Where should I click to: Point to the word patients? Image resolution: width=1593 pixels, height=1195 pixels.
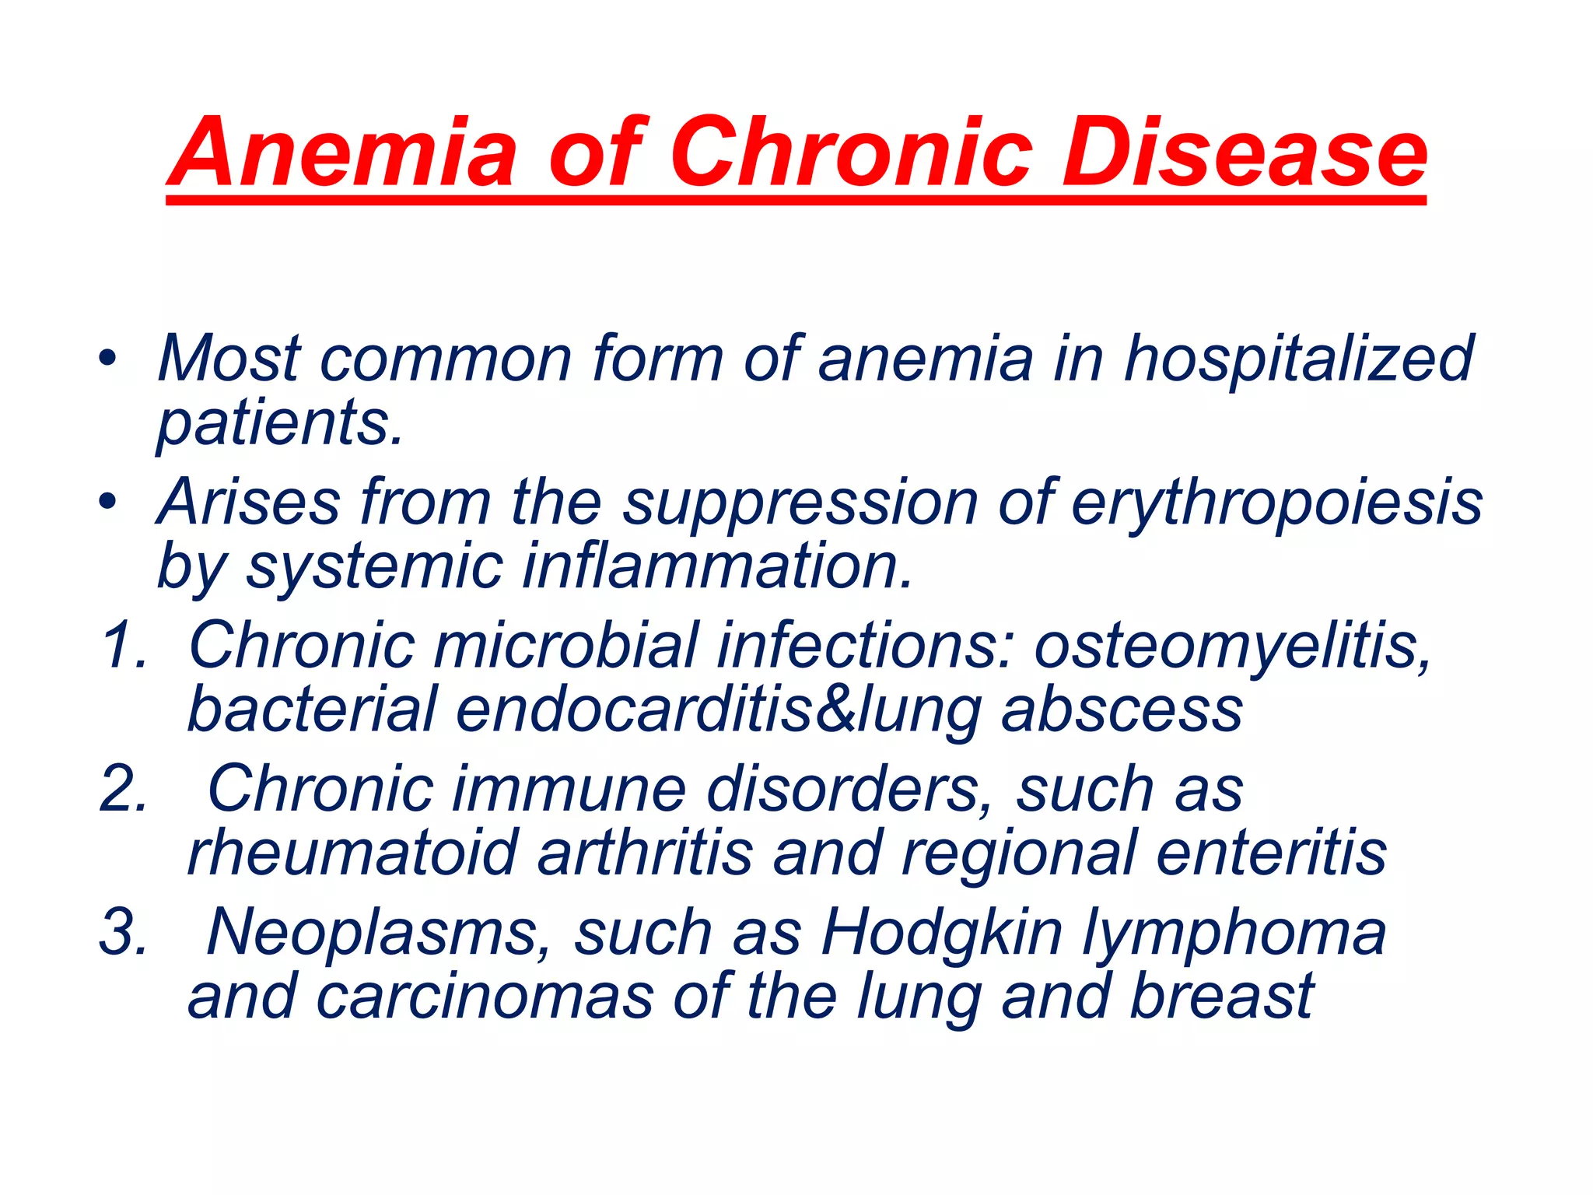pyautogui.click(x=280, y=424)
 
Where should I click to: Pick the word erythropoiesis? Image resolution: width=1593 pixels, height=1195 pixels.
pyautogui.click(x=1276, y=503)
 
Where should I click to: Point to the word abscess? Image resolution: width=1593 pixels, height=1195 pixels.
pyautogui.click(x=1121, y=710)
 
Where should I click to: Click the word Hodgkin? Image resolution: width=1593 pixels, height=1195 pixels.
pyautogui.click(x=942, y=934)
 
